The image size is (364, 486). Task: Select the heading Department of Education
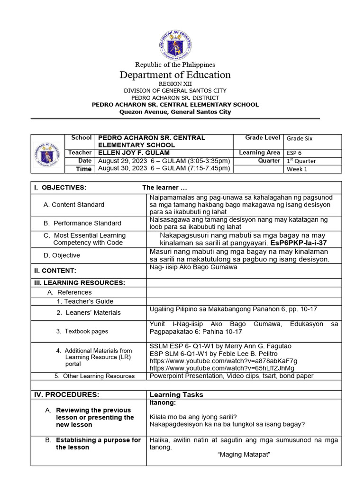tap(175, 75)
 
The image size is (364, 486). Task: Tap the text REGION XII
tap(175, 84)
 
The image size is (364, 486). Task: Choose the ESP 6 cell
tap(294, 153)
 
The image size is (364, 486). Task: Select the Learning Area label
tap(259, 153)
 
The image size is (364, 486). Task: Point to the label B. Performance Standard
tap(82, 223)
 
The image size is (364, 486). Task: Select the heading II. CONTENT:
tap(55, 271)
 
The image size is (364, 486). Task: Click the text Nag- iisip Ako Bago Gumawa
tap(193, 267)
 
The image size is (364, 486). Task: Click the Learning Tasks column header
tap(176, 395)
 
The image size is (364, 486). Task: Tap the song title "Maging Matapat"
tap(243, 455)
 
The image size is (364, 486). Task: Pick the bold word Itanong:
tap(163, 402)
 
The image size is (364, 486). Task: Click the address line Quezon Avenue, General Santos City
tap(175, 112)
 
